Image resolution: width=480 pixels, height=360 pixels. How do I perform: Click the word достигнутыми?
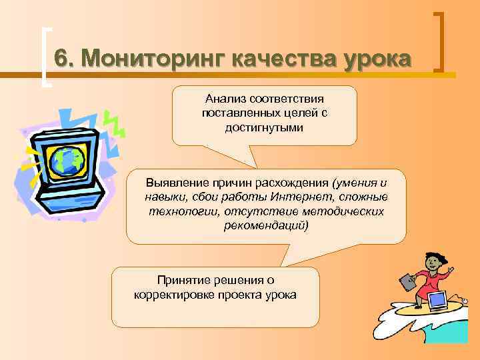point(264,127)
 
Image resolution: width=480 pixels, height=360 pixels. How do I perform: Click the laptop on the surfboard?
point(437,301)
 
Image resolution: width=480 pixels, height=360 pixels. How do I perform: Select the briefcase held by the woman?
point(407,281)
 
